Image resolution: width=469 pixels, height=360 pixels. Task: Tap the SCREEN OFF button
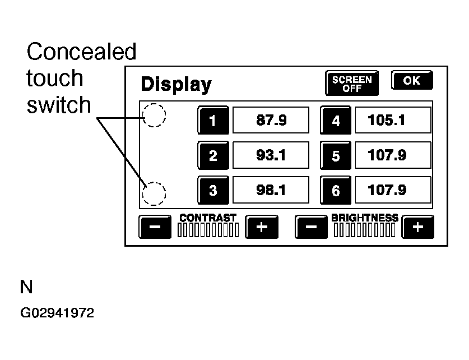(x=352, y=84)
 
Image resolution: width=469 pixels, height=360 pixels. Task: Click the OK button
(x=412, y=81)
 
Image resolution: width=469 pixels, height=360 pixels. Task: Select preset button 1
(x=212, y=120)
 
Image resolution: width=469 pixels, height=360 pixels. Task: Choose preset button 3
(x=212, y=190)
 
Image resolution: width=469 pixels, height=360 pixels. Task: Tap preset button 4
(x=336, y=120)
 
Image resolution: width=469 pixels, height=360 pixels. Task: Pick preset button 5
(x=336, y=155)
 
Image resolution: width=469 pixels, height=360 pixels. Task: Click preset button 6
(x=336, y=190)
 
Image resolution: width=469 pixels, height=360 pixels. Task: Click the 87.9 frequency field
(x=271, y=119)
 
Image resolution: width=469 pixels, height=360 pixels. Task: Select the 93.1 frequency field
(x=271, y=155)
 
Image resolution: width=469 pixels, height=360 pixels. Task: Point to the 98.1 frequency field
(x=271, y=190)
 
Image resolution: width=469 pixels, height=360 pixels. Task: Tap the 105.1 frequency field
(x=393, y=119)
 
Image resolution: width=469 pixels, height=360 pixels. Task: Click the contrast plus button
(x=262, y=227)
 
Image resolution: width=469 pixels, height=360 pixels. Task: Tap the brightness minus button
(x=312, y=227)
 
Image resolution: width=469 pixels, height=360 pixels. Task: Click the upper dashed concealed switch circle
(x=155, y=116)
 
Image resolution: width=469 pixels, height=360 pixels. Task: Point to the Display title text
(x=176, y=85)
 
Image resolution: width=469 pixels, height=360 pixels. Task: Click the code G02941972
(x=58, y=313)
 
